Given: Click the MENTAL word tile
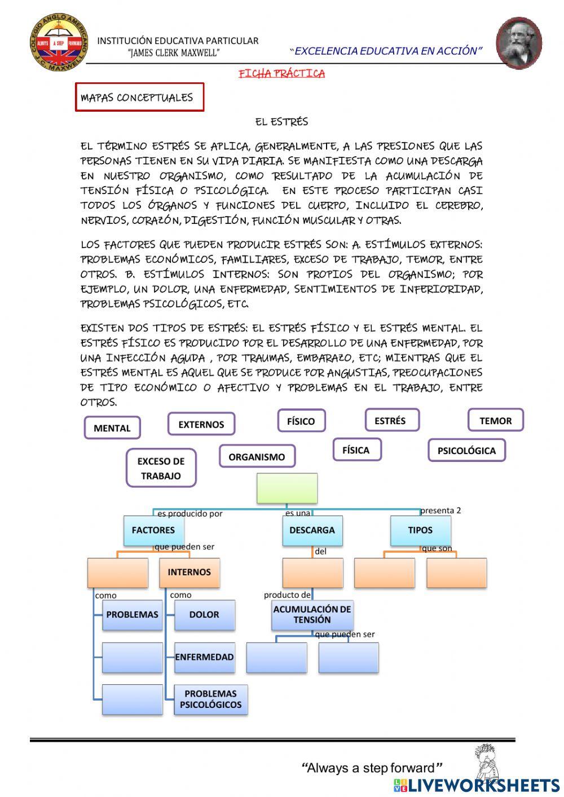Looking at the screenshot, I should tap(112, 428).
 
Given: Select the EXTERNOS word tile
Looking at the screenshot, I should tap(201, 424).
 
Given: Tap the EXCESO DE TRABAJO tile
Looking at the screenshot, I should tap(161, 468).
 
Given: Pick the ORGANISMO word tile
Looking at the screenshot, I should tap(257, 457).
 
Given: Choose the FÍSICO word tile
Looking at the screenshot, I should tap(301, 421).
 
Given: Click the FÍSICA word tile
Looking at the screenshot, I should tap(356, 450).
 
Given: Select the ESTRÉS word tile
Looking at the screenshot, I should tap(390, 420).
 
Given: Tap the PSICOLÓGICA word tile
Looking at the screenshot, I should tap(466, 451).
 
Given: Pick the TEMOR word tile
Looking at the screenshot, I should tap(495, 420).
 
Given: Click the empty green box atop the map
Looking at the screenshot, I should tap(287, 488).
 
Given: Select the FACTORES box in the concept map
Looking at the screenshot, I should tap(153, 530).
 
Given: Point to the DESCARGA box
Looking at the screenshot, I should tap(312, 530).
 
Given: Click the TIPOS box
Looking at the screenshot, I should tap(420, 530).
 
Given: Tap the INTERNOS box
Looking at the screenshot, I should tap(189, 572).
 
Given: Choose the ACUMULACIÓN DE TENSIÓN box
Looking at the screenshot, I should tap(312, 614).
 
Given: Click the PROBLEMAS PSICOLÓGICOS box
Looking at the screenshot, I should tap(210, 699).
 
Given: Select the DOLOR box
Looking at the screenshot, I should tap(204, 614).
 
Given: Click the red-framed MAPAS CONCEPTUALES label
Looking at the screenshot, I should tap(139, 98).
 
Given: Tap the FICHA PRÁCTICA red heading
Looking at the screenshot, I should tap(281, 74).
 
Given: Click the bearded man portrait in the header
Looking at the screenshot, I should tap(518, 43).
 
